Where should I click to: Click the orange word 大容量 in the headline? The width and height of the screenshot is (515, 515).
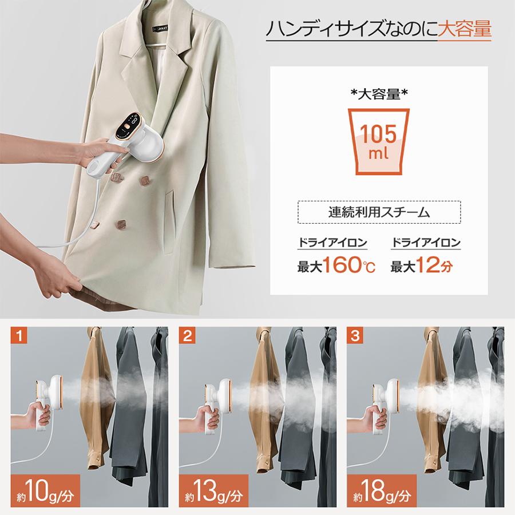(x=464, y=30)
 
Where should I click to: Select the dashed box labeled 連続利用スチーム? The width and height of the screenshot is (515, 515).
(x=379, y=213)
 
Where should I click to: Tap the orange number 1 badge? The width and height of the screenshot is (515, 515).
(x=20, y=336)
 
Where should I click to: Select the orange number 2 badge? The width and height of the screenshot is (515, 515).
(x=188, y=336)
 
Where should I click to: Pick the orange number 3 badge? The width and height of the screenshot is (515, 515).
(x=356, y=336)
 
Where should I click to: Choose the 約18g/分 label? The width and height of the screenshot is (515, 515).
(x=381, y=490)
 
